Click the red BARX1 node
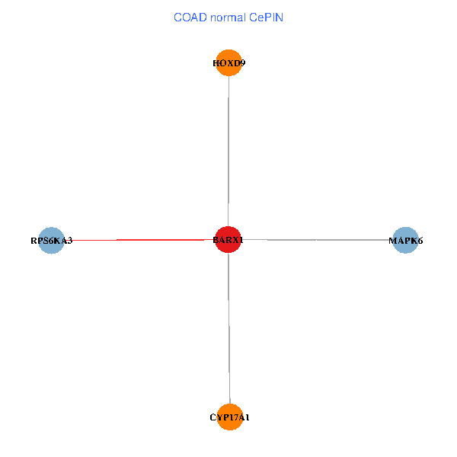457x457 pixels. pyautogui.click(x=228, y=240)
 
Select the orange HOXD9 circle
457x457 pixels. pyautogui.click(x=228, y=62)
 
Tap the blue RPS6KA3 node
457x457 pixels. pyautogui.click(x=51, y=241)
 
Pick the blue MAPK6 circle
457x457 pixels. pyautogui.click(x=405, y=240)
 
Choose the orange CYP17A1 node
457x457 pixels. pyautogui.click(x=230, y=417)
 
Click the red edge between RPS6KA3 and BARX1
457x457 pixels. pyautogui.click(x=139, y=240)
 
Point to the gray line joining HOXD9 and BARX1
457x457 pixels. pyautogui.click(x=228, y=151)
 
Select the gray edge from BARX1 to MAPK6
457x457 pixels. pyautogui.click(x=317, y=240)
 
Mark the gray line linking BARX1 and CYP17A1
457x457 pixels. pyautogui.click(x=229, y=328)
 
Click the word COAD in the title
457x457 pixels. pyautogui.click(x=190, y=18)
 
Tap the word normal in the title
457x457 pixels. pyautogui.click(x=228, y=18)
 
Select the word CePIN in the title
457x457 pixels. pyautogui.click(x=266, y=18)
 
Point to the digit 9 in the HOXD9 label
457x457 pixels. pyautogui.click(x=243, y=63)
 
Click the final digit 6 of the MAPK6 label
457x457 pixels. pyautogui.click(x=420, y=241)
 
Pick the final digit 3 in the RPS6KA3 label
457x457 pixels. pyautogui.click(x=69, y=241)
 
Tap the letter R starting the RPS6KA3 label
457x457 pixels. pyautogui.click(x=34, y=241)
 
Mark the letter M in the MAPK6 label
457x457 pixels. pyautogui.click(x=392, y=241)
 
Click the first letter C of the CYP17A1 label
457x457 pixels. pyautogui.click(x=213, y=417)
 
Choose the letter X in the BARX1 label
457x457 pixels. pyautogui.click(x=235, y=240)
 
